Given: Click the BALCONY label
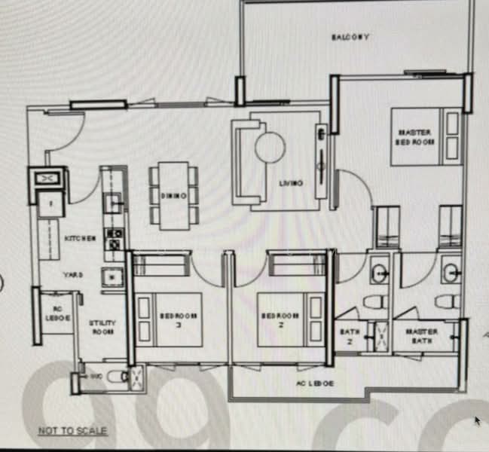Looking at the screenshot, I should click(350, 37).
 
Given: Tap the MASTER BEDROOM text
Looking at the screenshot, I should click(415, 137).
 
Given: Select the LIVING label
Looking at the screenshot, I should click(291, 183).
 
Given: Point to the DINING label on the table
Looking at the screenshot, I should click(168, 195).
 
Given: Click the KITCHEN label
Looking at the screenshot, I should click(80, 239).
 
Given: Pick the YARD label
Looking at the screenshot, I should click(73, 275).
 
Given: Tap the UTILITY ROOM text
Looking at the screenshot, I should click(102, 326).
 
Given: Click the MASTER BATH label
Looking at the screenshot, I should click(422, 336).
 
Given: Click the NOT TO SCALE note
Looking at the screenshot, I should click(72, 432).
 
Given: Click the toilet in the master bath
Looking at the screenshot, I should click(447, 302).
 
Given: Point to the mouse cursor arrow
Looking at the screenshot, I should click(477, 420).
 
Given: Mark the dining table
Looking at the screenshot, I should click(173, 195).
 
